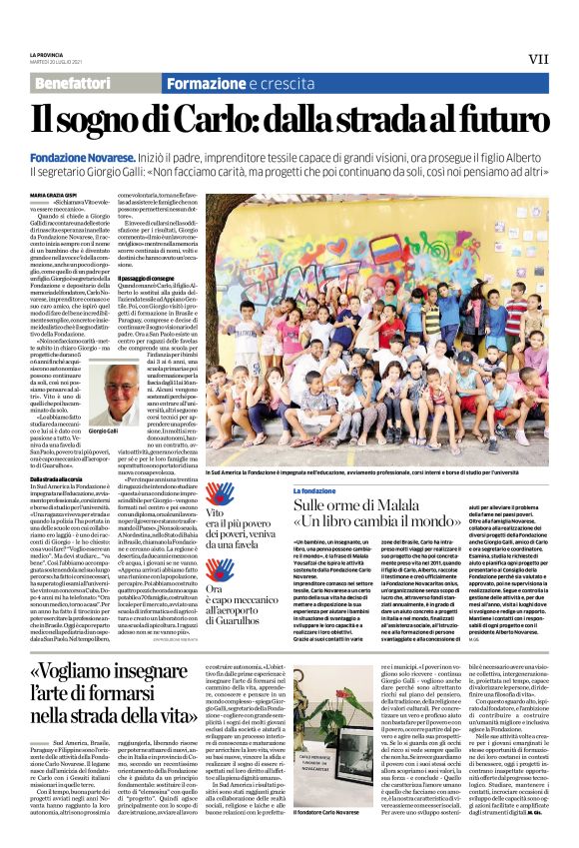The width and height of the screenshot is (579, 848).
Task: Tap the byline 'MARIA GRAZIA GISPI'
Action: (51, 195)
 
